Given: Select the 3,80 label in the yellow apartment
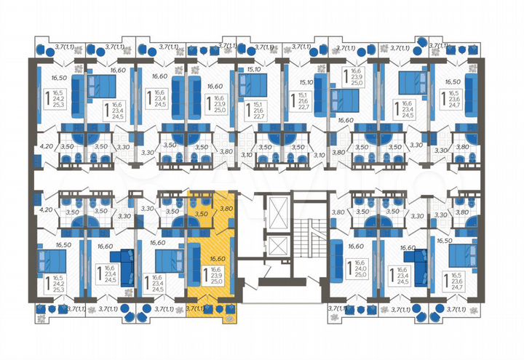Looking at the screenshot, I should click(x=226, y=209).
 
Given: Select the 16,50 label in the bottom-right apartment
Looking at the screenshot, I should click(x=445, y=239).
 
